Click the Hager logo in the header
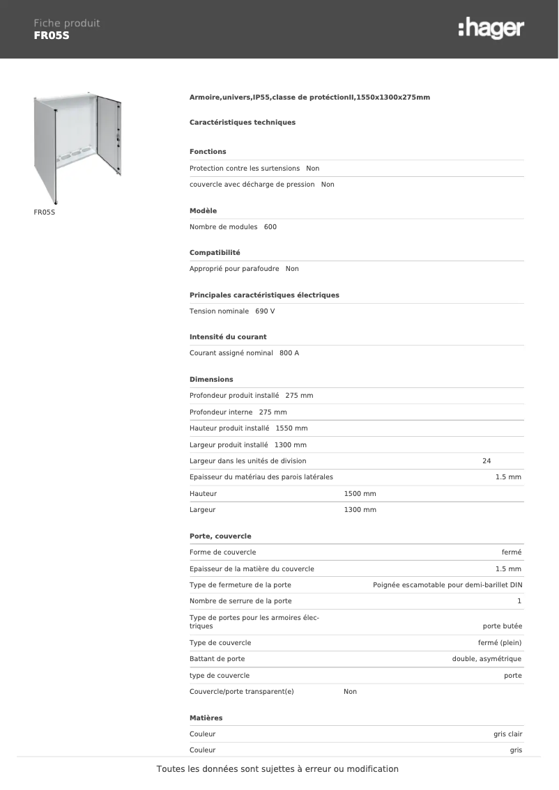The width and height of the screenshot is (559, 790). click(x=491, y=29)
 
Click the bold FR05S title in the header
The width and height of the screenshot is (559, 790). click(x=52, y=36)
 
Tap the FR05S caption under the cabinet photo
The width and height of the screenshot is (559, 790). click(x=44, y=211)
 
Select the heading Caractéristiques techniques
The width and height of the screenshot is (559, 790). click(x=243, y=123)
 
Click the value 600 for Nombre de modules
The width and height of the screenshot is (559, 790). click(x=270, y=227)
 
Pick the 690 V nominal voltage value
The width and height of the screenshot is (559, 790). click(x=265, y=311)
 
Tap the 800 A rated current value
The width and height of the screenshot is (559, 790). click(x=289, y=353)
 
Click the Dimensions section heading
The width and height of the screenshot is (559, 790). click(x=211, y=380)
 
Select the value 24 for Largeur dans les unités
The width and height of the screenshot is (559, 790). click(x=487, y=461)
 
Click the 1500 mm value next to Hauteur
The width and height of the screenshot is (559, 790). click(x=360, y=494)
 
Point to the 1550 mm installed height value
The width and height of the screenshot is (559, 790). click(x=291, y=428)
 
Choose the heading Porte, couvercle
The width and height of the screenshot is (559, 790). click(x=220, y=536)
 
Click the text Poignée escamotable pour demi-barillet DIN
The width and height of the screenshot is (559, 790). click(x=447, y=585)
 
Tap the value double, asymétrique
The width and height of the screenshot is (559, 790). click(x=487, y=659)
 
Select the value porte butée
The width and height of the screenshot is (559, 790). click(x=502, y=626)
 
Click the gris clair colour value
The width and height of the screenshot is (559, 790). click(x=507, y=734)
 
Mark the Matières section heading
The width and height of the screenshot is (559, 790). click(x=206, y=718)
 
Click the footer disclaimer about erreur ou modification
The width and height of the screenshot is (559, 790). click(x=277, y=769)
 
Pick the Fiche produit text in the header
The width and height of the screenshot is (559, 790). click(x=67, y=23)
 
